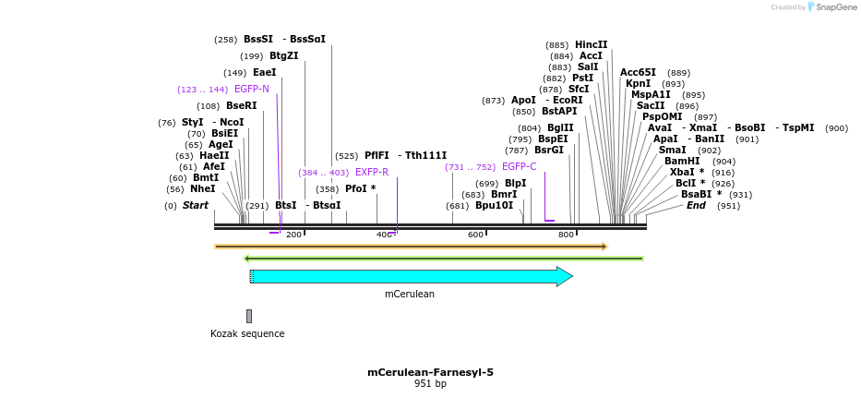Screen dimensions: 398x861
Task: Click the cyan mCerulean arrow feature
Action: [411, 276]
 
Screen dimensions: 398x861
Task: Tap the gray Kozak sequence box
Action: [249, 316]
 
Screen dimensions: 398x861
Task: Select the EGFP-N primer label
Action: [252, 90]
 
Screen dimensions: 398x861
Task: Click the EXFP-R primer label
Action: [372, 173]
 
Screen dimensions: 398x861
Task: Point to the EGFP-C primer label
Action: [519, 167]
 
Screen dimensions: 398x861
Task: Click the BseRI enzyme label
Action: [241, 106]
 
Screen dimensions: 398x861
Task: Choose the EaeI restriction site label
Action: [264, 73]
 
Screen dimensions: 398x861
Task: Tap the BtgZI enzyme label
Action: [284, 56]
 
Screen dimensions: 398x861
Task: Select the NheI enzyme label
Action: [202, 189]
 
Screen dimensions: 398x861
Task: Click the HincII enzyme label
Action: [591, 45]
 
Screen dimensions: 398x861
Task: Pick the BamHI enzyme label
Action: [681, 162]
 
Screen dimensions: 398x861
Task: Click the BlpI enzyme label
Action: [515, 184]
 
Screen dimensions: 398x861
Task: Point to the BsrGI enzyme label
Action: [548, 151]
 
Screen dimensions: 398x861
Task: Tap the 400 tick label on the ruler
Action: [384, 235]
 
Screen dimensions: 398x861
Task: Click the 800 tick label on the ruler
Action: [566, 235]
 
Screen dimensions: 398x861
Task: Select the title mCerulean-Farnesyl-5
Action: [430, 373]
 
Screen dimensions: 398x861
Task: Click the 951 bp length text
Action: [430, 384]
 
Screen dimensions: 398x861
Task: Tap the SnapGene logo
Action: [833, 7]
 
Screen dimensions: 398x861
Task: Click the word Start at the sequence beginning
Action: [196, 206]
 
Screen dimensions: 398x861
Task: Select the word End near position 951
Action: [696, 206]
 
